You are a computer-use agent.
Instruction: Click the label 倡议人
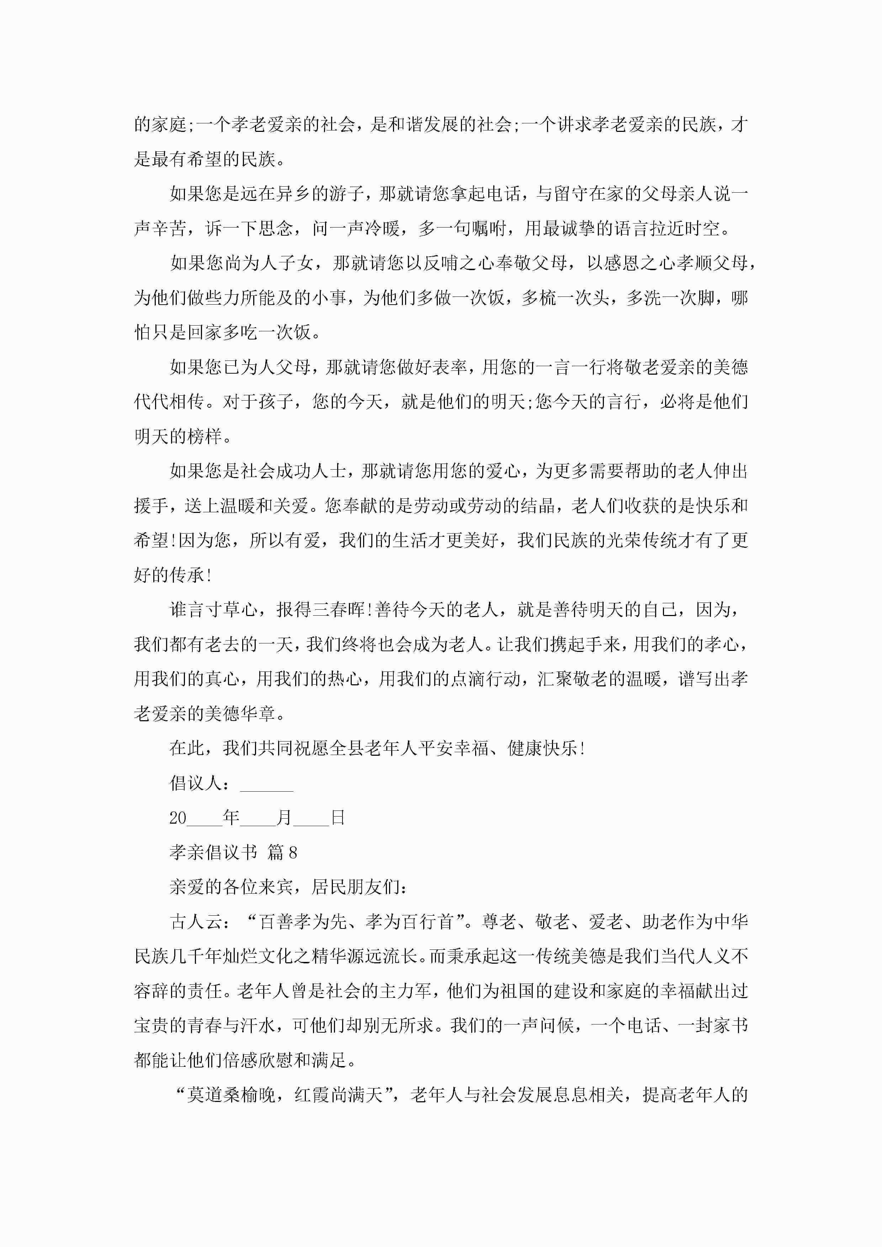tap(196, 783)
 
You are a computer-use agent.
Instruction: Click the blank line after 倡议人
tap(266, 785)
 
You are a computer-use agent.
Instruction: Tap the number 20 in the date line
tap(178, 818)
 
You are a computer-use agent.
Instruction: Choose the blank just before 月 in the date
tap(257, 820)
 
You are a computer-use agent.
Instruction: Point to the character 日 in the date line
tap(338, 818)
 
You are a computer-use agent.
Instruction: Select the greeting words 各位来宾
tap(257, 888)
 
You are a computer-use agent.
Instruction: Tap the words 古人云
tap(196, 922)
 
